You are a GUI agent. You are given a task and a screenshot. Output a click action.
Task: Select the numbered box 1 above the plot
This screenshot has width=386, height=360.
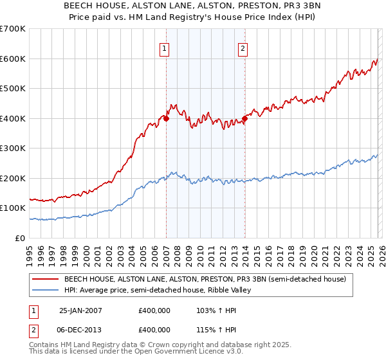(165, 48)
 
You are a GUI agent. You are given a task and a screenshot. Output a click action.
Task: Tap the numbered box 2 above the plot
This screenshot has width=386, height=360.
(243, 48)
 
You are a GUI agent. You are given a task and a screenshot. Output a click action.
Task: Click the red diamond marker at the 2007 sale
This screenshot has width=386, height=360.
(166, 118)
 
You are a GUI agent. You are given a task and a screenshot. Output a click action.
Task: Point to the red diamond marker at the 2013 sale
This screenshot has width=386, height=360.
(244, 118)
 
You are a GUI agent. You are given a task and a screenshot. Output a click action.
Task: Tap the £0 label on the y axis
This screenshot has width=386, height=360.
(19, 239)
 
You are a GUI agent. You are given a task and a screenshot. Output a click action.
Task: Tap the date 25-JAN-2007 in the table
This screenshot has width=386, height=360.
(80, 310)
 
